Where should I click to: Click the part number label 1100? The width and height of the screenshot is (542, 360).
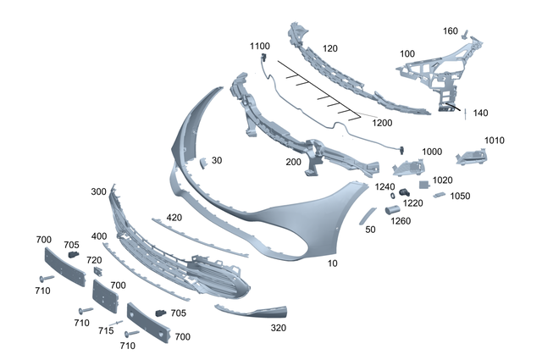(x=259, y=45)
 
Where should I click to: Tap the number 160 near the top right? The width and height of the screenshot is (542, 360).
(x=451, y=31)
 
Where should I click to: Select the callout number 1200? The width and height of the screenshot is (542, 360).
(x=383, y=122)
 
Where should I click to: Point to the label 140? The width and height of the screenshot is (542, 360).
(x=480, y=113)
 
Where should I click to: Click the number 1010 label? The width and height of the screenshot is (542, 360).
(x=495, y=141)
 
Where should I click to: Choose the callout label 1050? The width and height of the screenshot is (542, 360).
(x=461, y=196)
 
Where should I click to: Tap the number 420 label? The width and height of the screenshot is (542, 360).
(x=174, y=218)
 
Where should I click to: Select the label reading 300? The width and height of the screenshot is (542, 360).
(x=98, y=192)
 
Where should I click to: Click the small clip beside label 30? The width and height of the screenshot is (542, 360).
(x=203, y=162)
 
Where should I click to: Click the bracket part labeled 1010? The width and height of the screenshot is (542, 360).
(x=470, y=158)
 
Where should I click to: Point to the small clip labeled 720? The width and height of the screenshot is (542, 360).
(x=97, y=272)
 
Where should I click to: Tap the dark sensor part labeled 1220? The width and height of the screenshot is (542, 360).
(x=405, y=188)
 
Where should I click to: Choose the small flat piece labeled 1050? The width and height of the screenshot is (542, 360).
(x=439, y=196)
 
